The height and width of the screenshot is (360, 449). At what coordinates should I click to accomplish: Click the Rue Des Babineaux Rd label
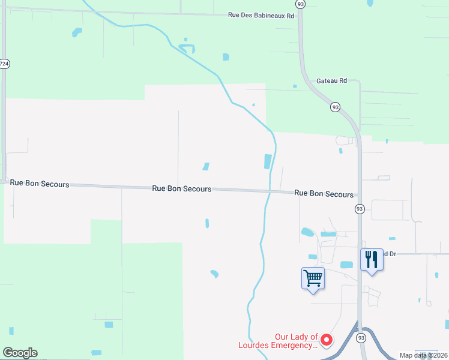[x=261, y=15]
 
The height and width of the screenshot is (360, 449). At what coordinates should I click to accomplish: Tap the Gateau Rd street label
[x=332, y=80]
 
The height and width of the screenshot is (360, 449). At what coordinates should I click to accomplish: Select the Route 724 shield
[x=4, y=64]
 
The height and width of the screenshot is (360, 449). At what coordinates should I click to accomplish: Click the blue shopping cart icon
[x=313, y=278]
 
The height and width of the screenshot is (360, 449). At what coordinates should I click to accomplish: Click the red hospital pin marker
[x=327, y=340]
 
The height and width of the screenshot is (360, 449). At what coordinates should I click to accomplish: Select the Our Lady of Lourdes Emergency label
[x=296, y=341]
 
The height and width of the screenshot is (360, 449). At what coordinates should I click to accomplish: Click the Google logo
[x=20, y=353]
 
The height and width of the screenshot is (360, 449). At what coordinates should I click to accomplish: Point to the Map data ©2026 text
[x=423, y=355]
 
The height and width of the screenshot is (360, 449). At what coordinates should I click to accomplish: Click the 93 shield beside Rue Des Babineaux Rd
[x=300, y=4]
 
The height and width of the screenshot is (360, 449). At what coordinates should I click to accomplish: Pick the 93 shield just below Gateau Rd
[x=335, y=107]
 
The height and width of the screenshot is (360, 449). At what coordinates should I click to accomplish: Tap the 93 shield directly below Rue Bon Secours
[x=360, y=209]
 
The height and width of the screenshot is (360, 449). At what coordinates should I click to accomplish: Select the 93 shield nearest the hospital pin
[x=360, y=338]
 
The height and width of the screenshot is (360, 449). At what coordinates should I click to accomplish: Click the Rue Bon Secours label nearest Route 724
[x=40, y=184]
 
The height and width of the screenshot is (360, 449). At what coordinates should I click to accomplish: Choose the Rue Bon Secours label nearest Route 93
[x=324, y=194]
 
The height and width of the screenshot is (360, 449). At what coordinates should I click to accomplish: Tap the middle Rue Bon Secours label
[x=181, y=188]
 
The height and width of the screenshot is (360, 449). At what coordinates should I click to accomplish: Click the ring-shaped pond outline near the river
[x=187, y=47]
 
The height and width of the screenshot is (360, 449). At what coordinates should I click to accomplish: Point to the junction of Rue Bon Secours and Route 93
[x=360, y=195]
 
